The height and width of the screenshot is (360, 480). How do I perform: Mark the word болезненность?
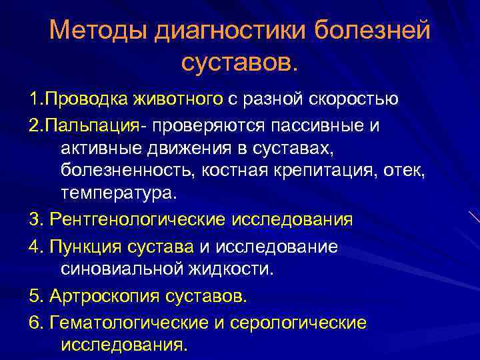pyautogui.click(x=123, y=170)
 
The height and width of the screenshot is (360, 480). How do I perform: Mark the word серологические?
pyautogui.click(x=298, y=323)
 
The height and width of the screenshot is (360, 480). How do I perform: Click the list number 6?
pyautogui.click(x=35, y=323)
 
